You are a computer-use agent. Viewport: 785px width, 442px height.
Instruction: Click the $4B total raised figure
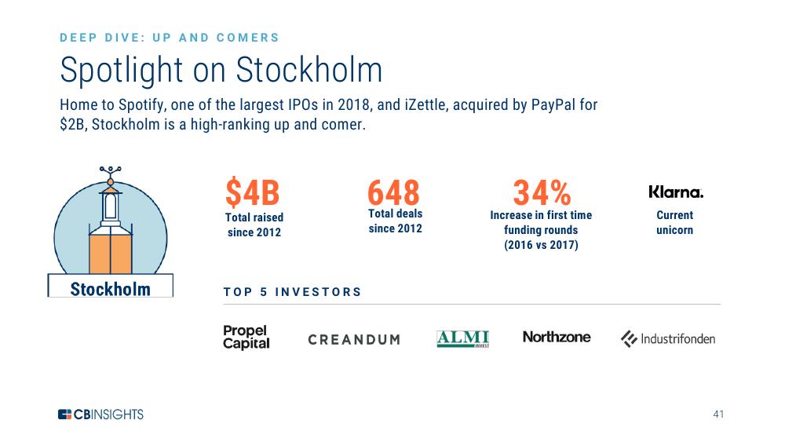coord(252,192)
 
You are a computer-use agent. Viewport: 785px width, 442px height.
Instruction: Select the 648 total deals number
coord(393,192)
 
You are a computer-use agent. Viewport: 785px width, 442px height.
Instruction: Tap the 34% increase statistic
coord(542,192)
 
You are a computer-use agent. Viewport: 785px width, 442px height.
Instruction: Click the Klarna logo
coord(676,192)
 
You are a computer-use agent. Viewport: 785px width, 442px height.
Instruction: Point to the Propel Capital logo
coord(246,338)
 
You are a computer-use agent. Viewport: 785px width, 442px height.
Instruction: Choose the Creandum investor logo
coord(354,340)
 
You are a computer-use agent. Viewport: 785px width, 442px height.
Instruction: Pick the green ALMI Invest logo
coord(462,339)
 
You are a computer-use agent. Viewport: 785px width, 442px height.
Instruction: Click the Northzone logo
coord(557,337)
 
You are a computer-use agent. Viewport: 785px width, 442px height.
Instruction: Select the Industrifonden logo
coord(668,339)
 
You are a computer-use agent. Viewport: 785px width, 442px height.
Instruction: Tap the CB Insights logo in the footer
coord(100,415)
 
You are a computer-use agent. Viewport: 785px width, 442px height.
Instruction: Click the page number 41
coord(718,414)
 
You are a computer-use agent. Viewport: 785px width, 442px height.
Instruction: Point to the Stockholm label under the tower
coord(110,289)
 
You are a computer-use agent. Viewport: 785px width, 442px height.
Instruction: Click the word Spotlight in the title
coord(122,71)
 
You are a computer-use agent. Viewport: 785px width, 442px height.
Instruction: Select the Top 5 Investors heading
coord(292,292)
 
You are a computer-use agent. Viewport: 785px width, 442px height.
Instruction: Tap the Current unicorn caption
coord(675,223)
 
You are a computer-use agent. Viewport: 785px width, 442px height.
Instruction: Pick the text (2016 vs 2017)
coord(541,245)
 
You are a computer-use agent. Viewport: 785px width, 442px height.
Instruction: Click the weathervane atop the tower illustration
coord(110,174)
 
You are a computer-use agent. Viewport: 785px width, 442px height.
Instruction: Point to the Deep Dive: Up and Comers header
coord(170,38)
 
